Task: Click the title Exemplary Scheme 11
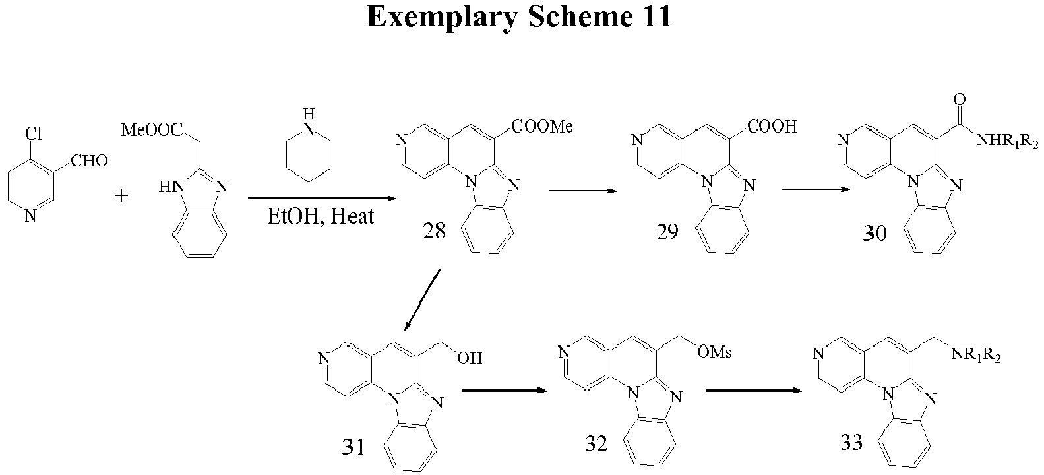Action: click(519, 18)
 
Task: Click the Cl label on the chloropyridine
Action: click(34, 134)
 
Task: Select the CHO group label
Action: click(89, 161)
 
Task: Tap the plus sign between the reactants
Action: click(121, 196)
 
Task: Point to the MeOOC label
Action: click(152, 130)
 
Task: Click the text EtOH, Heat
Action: click(321, 217)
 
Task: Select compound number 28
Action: click(434, 231)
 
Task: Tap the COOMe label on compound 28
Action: click(542, 127)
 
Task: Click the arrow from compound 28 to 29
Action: click(582, 191)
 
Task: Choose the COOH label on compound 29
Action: click(772, 127)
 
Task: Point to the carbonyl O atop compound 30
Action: click(960, 99)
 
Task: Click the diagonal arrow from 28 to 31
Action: click(423, 300)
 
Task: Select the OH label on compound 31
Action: click(470, 358)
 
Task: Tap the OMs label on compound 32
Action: click(714, 352)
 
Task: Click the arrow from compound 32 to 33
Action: click(754, 390)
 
